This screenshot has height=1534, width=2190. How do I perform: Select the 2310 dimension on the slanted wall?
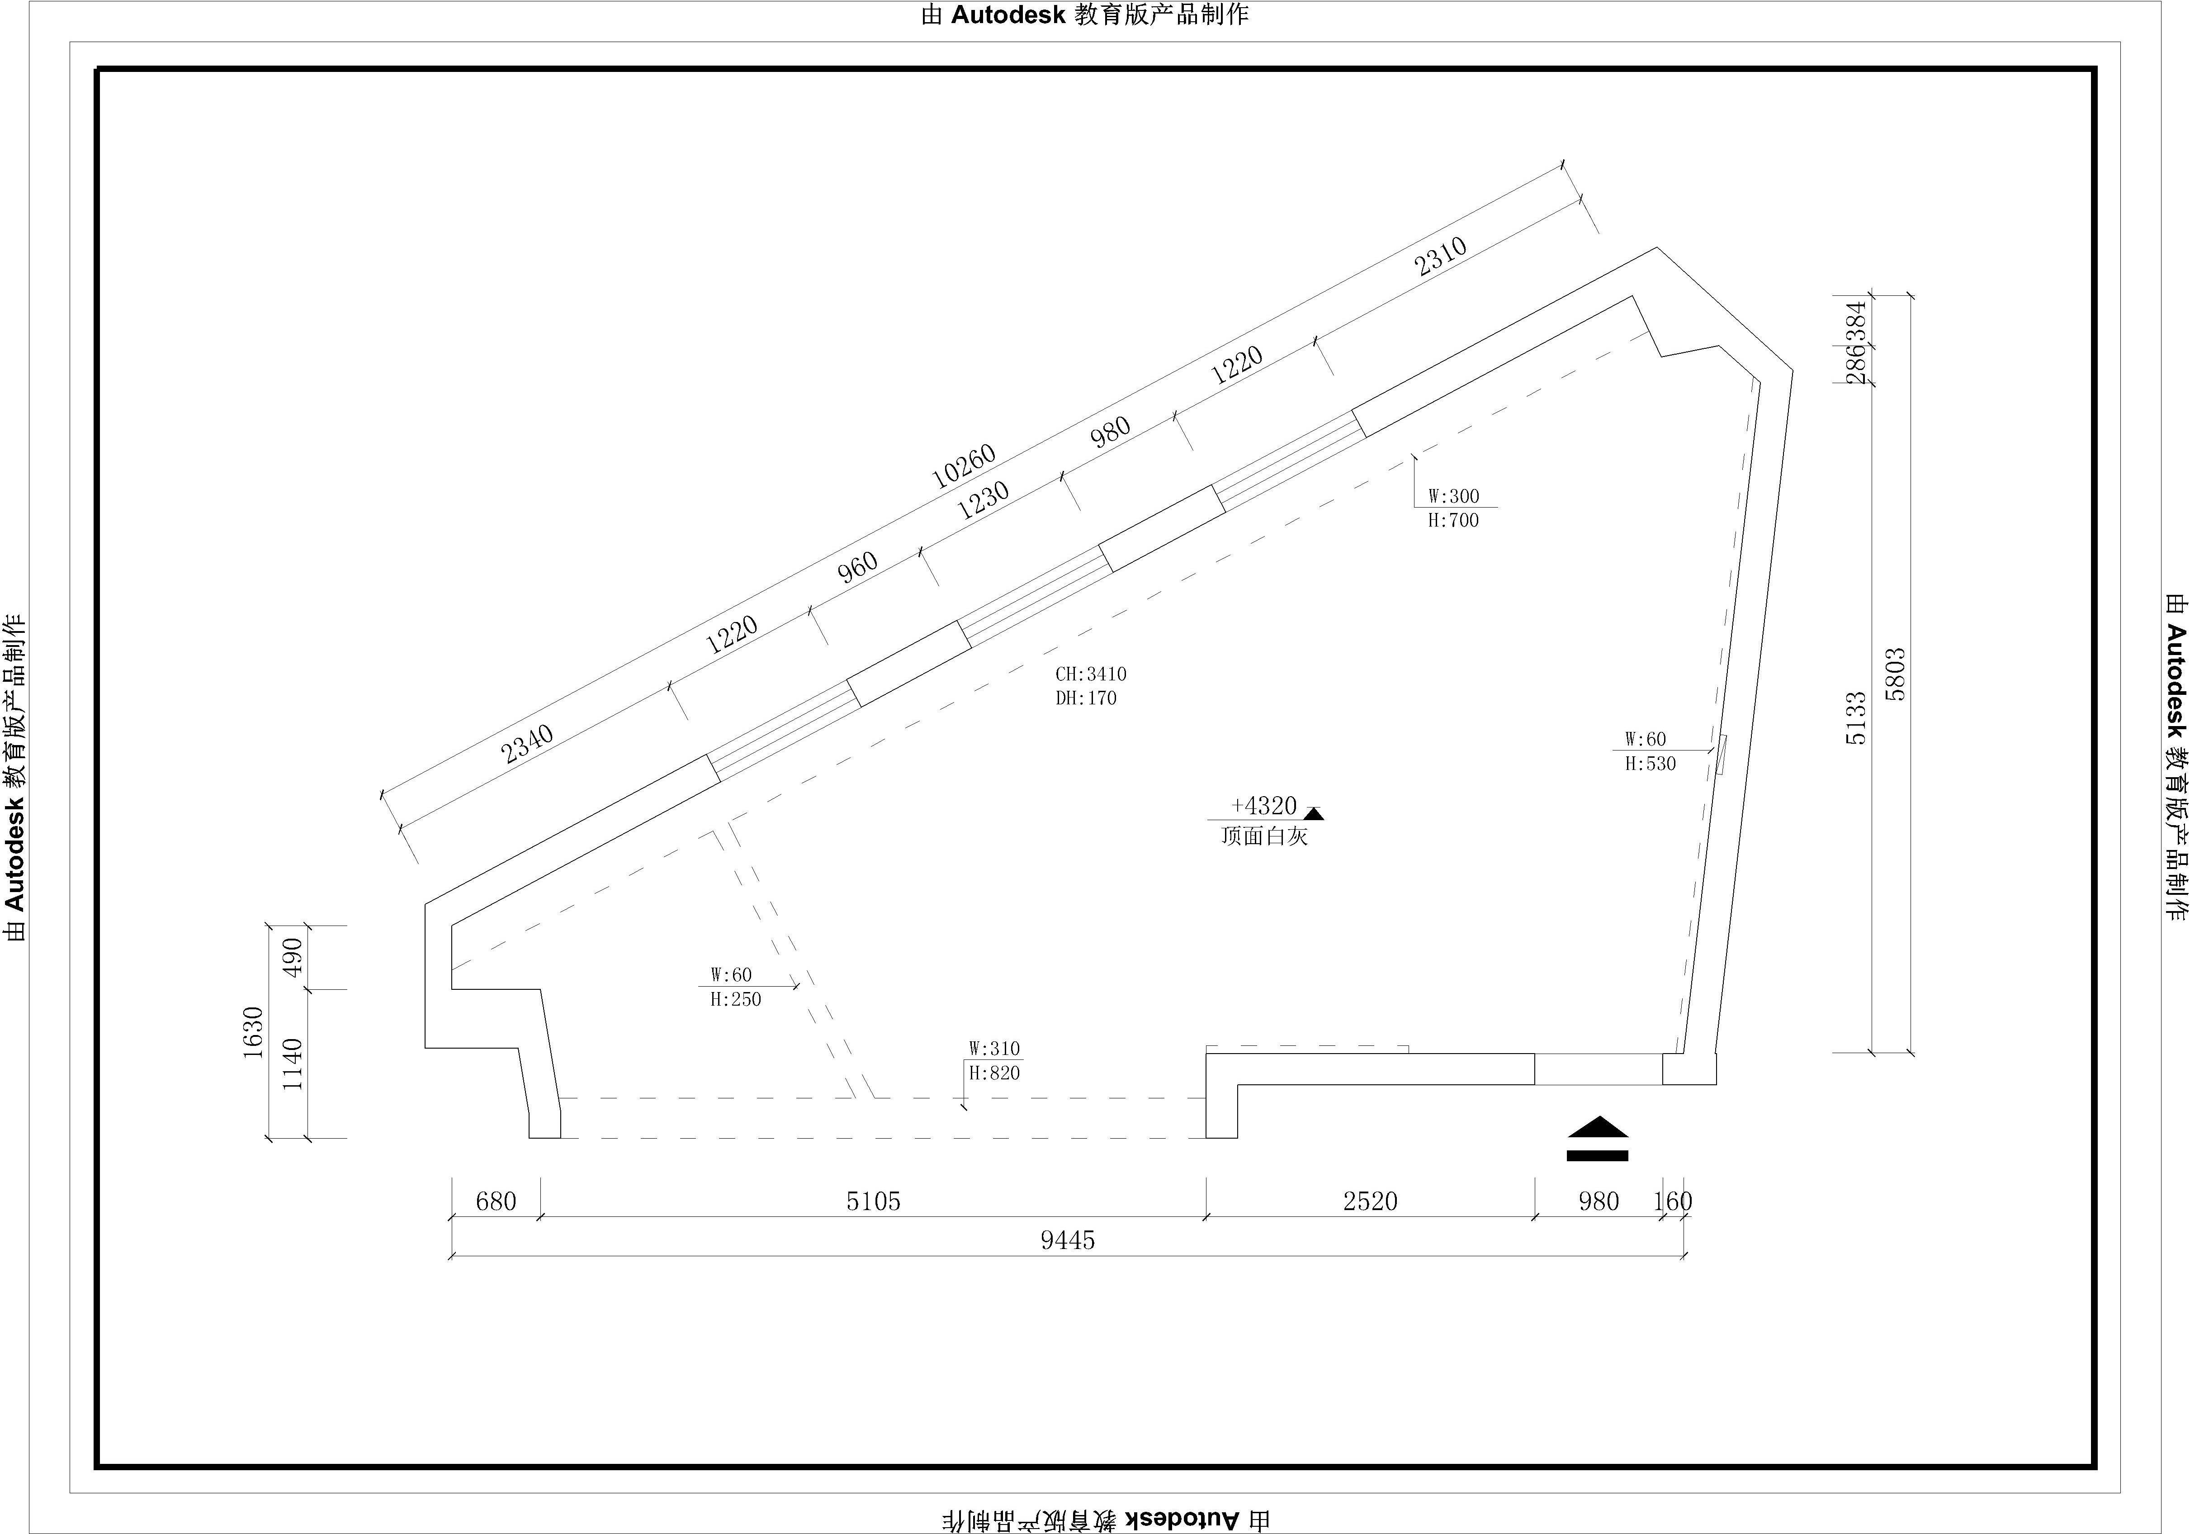(1440, 256)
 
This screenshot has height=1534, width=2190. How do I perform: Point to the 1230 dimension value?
(983, 500)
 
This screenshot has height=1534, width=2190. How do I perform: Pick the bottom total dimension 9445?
(1067, 1240)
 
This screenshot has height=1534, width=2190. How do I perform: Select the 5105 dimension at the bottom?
(873, 1201)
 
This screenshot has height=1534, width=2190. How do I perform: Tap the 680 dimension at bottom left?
(496, 1201)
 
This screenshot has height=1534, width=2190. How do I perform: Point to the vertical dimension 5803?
(1895, 674)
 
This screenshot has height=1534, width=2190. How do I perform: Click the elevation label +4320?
(1264, 806)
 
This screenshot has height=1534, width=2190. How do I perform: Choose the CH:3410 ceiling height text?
(1090, 674)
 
